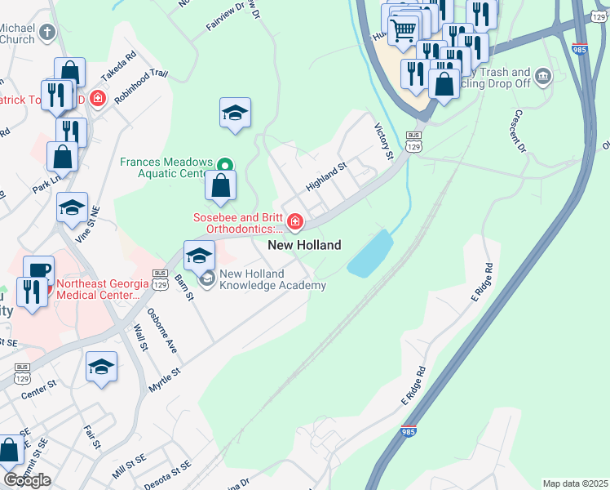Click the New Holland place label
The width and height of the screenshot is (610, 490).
click(x=304, y=245)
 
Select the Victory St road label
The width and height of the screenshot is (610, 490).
click(x=383, y=141)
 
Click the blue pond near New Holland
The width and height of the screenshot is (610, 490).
click(x=369, y=253)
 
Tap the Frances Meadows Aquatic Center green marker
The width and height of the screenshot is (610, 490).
click(x=228, y=162)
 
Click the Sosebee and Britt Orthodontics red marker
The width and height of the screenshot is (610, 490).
click(x=294, y=222)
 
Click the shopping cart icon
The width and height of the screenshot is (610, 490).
click(x=403, y=31)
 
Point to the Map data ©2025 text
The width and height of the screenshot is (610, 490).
click(x=575, y=483)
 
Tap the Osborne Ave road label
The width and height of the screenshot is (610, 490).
click(x=161, y=336)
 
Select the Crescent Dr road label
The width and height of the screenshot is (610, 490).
click(x=519, y=131)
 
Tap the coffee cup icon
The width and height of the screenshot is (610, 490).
click(x=38, y=269)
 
